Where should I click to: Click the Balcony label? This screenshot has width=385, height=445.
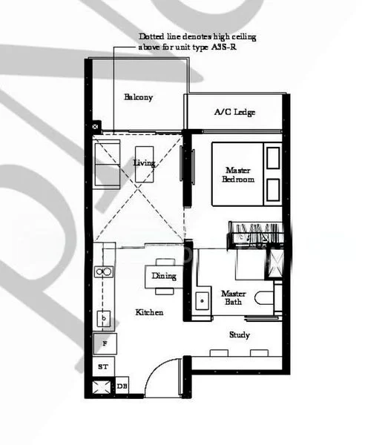(138, 97)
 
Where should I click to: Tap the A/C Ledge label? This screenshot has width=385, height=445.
(234, 113)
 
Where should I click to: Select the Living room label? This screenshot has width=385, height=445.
(144, 162)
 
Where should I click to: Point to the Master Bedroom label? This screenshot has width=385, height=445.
(240, 175)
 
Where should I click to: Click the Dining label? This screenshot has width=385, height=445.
(164, 277)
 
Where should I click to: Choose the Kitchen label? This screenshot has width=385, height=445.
(149, 312)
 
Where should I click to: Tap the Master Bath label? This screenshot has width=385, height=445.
(234, 297)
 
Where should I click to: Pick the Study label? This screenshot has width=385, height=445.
(239, 335)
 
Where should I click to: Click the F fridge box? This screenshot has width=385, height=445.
(105, 343)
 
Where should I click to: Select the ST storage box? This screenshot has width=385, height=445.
(103, 367)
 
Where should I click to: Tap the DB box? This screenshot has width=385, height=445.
(122, 386)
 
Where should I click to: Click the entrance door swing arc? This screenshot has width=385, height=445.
(157, 379)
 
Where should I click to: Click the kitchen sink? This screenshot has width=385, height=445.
(105, 319)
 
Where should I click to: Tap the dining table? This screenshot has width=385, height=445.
(164, 275)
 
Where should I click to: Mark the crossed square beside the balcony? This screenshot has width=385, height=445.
(95, 126)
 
